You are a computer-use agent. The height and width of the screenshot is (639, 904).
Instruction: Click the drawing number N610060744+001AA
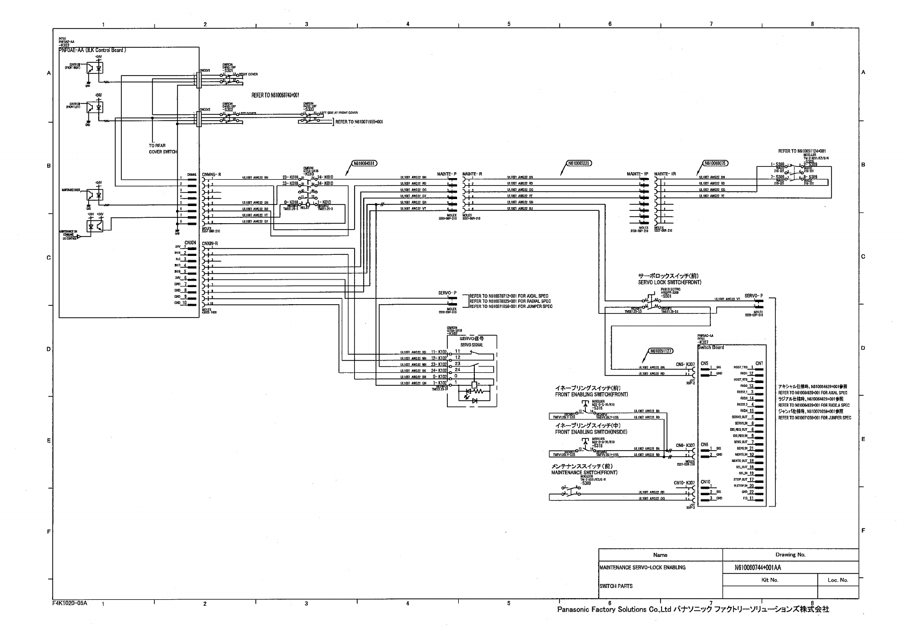pos(758,568)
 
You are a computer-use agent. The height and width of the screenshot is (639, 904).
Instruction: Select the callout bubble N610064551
pos(364,163)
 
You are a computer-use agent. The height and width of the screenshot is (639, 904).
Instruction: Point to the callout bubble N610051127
pos(661,351)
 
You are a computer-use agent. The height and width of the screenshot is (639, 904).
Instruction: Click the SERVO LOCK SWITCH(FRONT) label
pos(669,282)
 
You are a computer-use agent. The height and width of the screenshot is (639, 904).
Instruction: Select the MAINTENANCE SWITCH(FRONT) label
pos(584,473)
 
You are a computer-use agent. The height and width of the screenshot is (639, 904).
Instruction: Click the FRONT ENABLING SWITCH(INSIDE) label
pos(591,432)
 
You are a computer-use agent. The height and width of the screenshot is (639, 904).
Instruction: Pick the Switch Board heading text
pos(710,347)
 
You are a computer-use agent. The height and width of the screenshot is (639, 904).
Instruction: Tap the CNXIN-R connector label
pos(210,244)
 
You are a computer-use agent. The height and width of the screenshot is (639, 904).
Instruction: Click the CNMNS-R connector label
pos(211,174)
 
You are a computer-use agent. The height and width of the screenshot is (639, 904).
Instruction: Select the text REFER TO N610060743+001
pos(275,95)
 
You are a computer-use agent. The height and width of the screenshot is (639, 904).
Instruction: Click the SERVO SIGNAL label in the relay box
pos(472,345)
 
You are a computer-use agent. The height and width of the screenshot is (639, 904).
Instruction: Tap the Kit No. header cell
pos(769,580)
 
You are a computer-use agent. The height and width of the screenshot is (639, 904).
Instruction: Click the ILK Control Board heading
pos(92,50)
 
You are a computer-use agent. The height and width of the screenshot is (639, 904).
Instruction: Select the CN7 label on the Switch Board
pos(759,363)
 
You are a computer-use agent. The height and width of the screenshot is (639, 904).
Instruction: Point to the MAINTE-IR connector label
pos(665,174)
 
